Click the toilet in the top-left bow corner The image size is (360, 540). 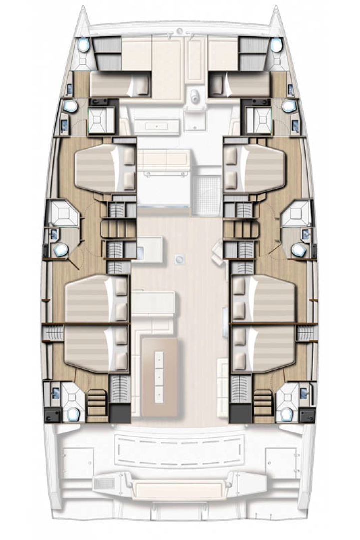(83, 45)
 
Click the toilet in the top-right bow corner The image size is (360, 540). (276, 45)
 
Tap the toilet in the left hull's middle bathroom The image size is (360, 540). (61, 250)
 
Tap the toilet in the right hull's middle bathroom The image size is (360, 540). (298, 249)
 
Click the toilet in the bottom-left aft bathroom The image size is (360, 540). (74, 414)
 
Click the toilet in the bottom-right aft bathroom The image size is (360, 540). (286, 414)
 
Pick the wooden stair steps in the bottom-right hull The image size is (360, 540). (263, 404)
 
